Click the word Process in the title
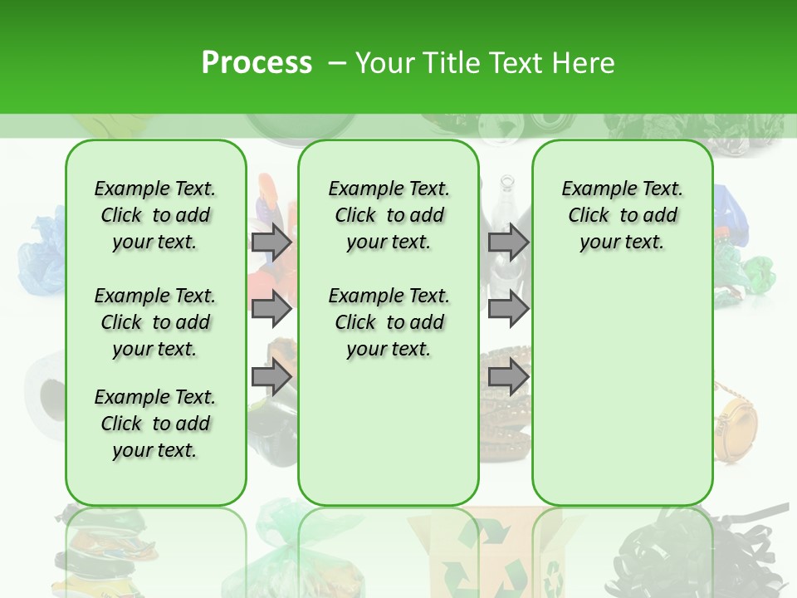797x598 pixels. (x=257, y=62)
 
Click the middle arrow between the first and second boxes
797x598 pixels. (x=271, y=309)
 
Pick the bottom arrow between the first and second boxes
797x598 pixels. (x=271, y=377)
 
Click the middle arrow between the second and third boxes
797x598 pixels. (x=507, y=309)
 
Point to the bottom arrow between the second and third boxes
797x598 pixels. (x=507, y=377)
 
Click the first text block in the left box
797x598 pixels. (x=155, y=215)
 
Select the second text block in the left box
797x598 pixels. (x=155, y=322)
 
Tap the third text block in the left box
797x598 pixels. (x=155, y=424)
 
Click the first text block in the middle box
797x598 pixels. (x=389, y=215)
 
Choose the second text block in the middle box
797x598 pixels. (x=389, y=322)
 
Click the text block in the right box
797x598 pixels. (x=623, y=215)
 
